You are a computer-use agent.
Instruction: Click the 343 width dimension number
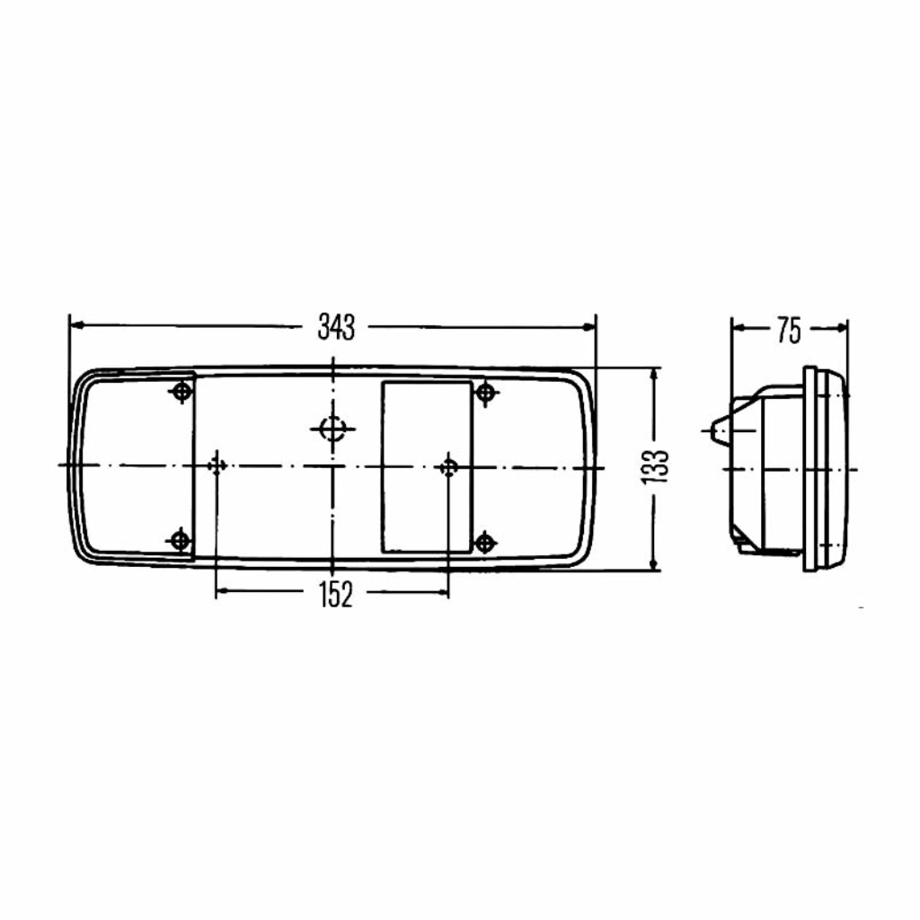(336, 327)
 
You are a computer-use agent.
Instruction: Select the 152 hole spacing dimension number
(336, 594)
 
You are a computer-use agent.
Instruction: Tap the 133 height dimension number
(655, 467)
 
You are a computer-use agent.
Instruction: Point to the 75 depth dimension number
(789, 330)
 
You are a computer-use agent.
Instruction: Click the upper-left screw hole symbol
(181, 391)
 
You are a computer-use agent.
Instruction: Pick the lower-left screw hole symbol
(180, 539)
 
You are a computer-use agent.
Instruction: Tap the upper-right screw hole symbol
(485, 392)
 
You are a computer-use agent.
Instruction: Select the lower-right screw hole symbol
(484, 542)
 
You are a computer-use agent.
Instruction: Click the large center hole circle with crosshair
(332, 429)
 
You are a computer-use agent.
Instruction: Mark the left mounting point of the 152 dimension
(217, 466)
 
